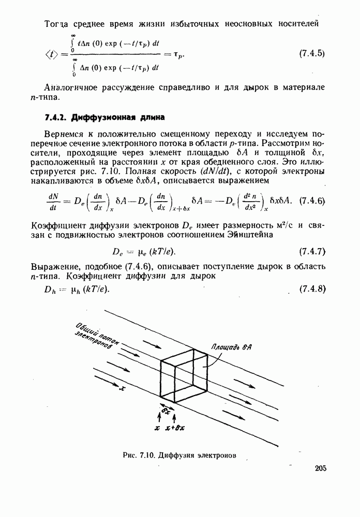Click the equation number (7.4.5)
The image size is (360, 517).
[312, 53]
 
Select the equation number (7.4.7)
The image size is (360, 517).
[312, 252]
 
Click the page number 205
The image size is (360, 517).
[320, 468]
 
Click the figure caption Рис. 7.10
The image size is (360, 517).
[138, 455]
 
